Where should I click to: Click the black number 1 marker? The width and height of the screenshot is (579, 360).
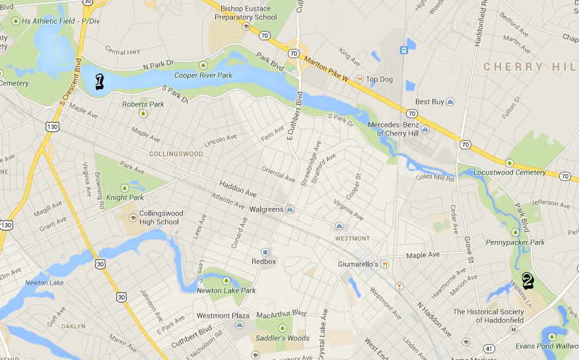pos(100,81)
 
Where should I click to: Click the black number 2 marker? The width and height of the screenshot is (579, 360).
pos(528,281)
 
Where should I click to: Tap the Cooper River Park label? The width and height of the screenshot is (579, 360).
pos(203,75)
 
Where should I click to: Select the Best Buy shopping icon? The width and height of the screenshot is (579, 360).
pos(450,102)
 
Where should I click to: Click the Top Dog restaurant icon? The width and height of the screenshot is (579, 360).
pos(360,79)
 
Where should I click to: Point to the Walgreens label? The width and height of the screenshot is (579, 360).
pos(266,209)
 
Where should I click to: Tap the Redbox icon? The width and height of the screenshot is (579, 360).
pos(265,252)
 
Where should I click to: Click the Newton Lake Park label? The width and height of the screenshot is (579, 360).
pos(226,290)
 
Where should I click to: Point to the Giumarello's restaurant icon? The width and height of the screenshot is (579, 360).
pos(385,264)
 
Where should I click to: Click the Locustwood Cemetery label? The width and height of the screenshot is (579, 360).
pos(510,172)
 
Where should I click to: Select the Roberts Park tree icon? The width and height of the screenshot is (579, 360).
pos(143,114)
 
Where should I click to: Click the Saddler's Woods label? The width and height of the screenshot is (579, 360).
pos(282,338)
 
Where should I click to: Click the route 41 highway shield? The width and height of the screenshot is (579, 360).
pos(490,348)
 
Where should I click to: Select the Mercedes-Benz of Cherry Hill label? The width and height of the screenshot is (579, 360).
pos(402,129)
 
